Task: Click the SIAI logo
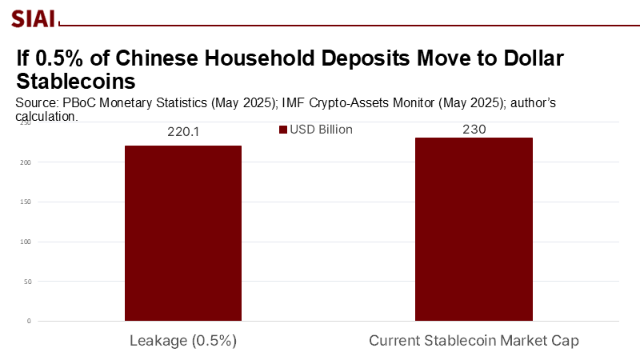(33, 17)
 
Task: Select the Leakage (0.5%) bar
(183, 233)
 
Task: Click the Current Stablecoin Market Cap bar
(474, 229)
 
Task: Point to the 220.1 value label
(182, 133)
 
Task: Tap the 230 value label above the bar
(474, 129)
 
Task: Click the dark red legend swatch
(282, 130)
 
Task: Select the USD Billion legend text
(321, 130)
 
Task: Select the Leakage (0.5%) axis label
(183, 341)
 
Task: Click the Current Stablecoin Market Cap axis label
(474, 341)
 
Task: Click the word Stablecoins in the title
(75, 82)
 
